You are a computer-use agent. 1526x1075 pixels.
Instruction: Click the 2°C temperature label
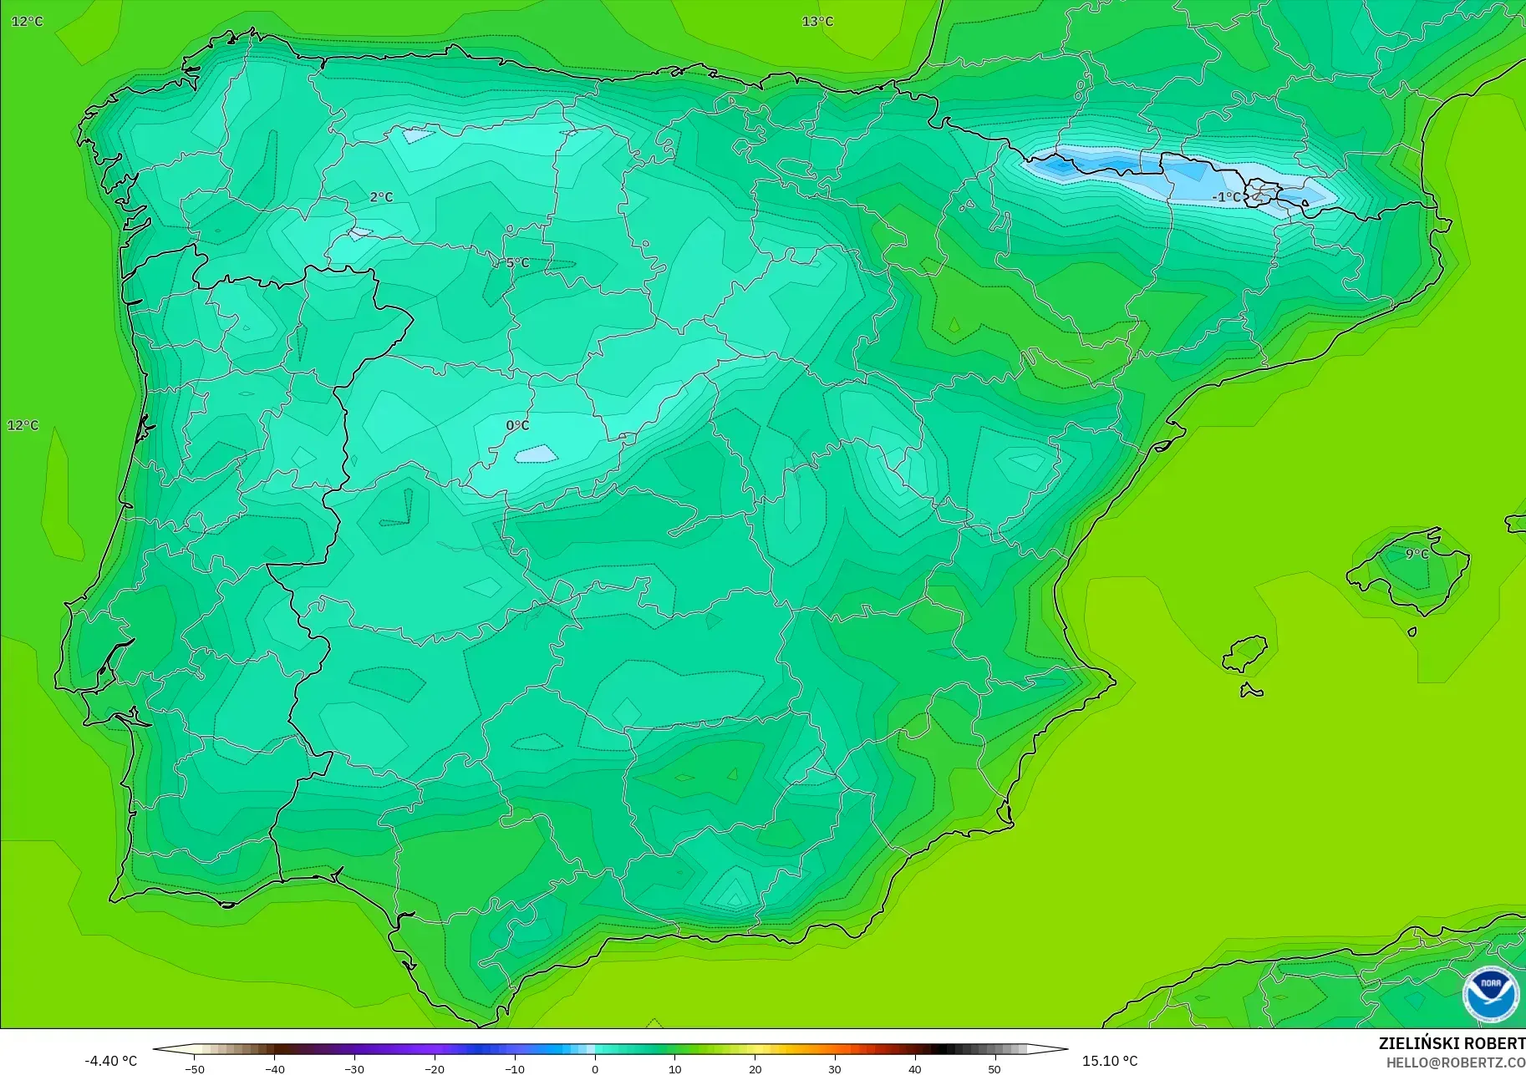381,197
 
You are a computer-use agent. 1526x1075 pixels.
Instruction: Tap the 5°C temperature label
517,262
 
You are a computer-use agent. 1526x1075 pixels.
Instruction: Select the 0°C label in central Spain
517,425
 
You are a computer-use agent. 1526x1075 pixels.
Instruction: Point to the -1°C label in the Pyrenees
1226,197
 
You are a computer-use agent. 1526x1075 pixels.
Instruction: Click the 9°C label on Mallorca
1417,554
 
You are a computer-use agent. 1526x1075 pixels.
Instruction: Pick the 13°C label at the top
817,21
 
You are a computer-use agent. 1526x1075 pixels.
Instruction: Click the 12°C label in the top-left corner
27,21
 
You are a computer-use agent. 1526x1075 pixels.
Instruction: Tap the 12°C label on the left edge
23,425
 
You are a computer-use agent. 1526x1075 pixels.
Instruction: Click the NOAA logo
1490,994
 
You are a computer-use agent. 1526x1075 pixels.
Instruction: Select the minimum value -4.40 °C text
110,1061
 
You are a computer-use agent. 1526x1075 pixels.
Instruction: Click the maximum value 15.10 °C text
1110,1061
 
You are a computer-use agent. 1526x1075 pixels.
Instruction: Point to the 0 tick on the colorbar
594,1069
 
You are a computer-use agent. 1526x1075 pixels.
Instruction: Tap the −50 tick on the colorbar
194,1069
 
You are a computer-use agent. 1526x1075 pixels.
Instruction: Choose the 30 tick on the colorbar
834,1069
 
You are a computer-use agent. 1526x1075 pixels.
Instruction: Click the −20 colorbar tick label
434,1069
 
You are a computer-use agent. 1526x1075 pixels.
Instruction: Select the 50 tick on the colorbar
994,1069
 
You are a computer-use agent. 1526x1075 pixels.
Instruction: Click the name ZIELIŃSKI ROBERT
1452,1043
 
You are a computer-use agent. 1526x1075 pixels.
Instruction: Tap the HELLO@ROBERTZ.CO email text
1455,1062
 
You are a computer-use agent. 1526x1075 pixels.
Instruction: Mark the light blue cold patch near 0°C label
536,454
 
